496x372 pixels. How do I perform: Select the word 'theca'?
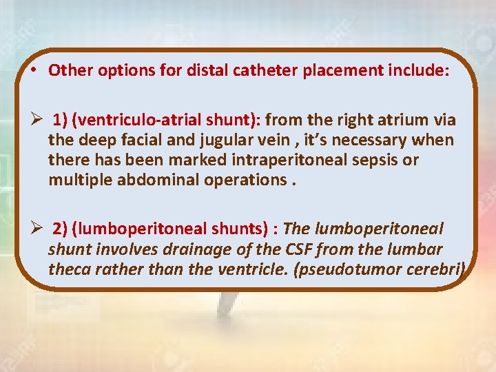(x=68, y=269)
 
